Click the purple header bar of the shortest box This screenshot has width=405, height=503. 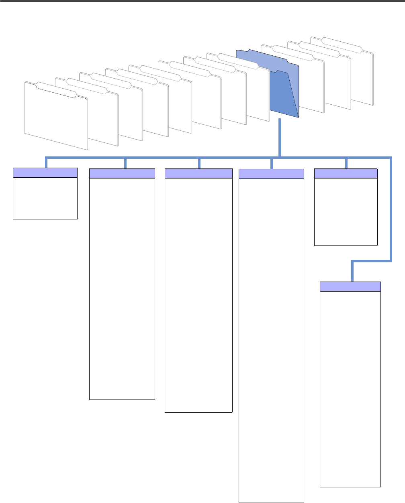[x=45, y=172]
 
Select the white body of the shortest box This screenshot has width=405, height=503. [x=45, y=198]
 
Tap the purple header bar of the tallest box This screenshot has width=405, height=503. [x=271, y=174]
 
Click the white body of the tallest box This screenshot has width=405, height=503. [x=271, y=337]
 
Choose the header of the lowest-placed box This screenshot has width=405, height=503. [x=350, y=286]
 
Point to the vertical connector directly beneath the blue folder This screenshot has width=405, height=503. [x=279, y=136]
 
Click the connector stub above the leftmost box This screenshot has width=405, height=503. [x=47, y=162]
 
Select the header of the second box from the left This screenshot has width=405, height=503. [x=122, y=173]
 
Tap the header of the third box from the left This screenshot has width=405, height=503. [x=198, y=173]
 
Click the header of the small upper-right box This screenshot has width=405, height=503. [x=346, y=173]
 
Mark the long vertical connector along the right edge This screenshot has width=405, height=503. [x=391, y=209]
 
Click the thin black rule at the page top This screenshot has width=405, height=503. [x=202, y=1]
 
